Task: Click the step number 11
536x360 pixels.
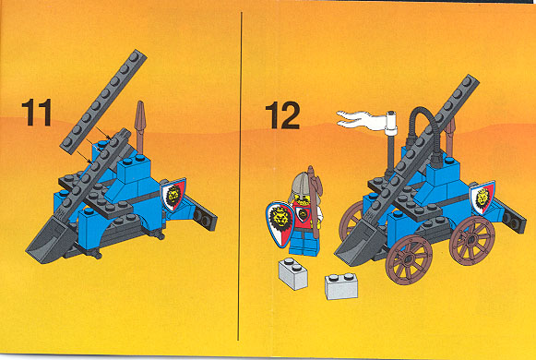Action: (37, 113)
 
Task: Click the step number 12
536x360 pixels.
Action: (282, 115)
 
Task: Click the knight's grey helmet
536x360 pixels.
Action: (301, 186)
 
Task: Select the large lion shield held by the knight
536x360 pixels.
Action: (280, 223)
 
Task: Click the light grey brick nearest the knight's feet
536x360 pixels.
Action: (293, 273)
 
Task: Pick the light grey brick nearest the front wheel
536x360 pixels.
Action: (341, 286)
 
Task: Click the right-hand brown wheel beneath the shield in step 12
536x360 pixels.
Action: (471, 240)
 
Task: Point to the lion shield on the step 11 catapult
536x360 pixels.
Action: (173, 195)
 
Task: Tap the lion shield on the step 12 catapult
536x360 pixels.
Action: (482, 198)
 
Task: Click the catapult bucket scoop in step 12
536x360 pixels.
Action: (358, 245)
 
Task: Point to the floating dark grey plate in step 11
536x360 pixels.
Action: (103, 102)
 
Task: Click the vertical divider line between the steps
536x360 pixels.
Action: (240, 176)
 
